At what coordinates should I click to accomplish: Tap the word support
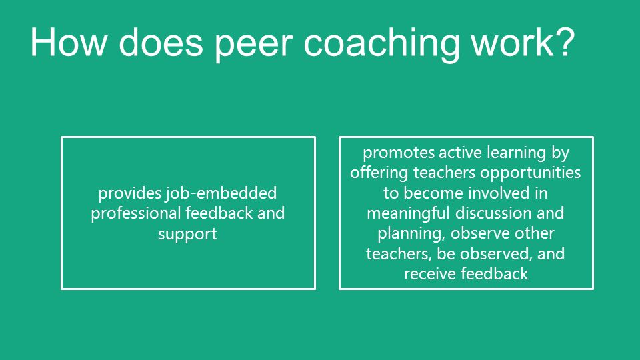(x=187, y=234)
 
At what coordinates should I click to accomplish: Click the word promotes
(x=399, y=153)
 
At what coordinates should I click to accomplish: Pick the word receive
(x=429, y=274)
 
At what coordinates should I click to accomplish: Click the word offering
(x=379, y=173)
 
